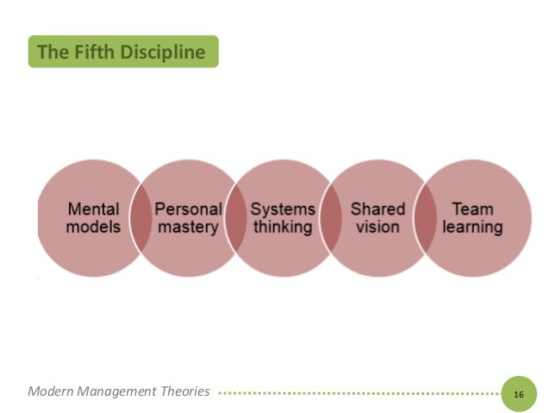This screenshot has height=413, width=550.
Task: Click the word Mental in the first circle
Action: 94,210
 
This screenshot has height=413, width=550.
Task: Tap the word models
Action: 94,228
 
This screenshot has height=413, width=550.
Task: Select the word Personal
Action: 189,210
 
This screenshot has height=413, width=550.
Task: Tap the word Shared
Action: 377,210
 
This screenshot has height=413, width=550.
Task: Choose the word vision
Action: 377,228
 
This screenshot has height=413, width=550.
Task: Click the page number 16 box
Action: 518,393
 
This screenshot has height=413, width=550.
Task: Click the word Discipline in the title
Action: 164,53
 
